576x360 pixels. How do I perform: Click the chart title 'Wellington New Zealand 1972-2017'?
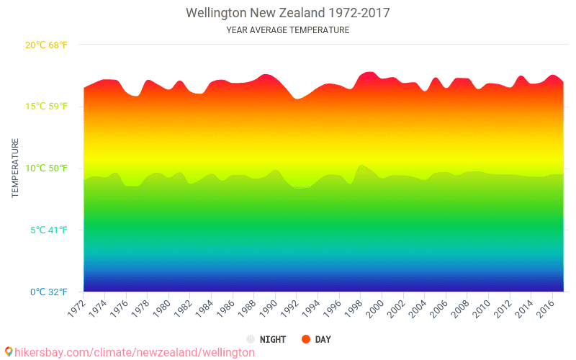pos(288,13)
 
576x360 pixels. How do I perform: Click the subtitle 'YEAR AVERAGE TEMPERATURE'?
pos(288,30)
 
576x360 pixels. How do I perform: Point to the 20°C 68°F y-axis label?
pos(47,45)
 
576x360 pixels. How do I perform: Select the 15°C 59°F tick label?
pos(47,107)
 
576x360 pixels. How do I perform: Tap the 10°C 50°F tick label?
pos(47,168)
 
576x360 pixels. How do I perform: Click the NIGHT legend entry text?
pos(273,339)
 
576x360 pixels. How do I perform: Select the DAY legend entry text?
pos(323,339)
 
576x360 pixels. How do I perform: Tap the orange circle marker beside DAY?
pos(305,339)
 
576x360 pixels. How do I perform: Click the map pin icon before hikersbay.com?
pos(8,352)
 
